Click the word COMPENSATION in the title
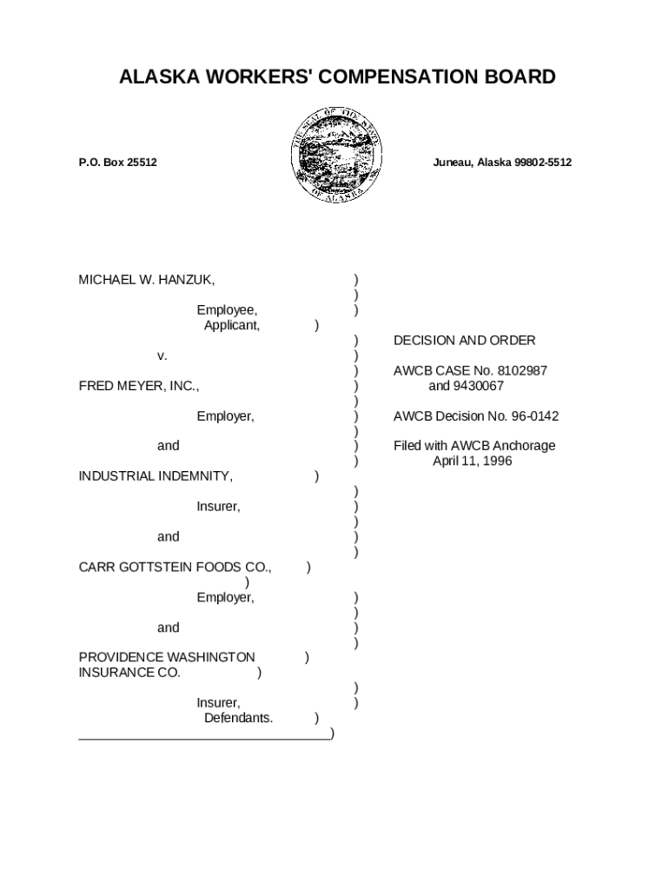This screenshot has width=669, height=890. (379, 77)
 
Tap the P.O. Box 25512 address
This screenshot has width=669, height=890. (117, 163)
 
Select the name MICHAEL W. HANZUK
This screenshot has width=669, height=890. (147, 280)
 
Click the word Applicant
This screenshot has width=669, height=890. (231, 325)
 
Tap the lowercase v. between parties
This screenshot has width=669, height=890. (162, 355)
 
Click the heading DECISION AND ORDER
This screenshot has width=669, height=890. (464, 341)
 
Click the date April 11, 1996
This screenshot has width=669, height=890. (472, 462)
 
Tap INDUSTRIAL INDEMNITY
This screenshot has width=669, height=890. (156, 476)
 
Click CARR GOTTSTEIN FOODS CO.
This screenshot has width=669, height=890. (176, 568)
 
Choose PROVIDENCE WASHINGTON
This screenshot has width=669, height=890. (167, 658)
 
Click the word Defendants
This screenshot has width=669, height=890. (238, 718)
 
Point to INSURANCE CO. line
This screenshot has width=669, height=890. (129, 673)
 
